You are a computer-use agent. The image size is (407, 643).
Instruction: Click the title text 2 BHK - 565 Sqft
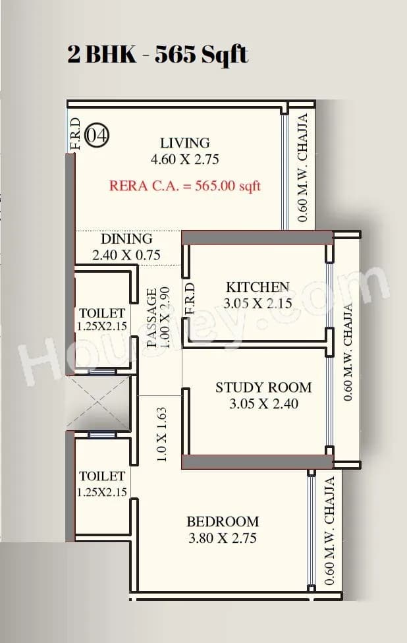coord(157,54)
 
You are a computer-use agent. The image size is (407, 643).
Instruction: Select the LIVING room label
coord(185,143)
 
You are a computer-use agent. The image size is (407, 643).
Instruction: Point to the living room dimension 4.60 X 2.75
coord(185,159)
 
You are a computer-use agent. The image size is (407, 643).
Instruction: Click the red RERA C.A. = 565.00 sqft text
coord(185,186)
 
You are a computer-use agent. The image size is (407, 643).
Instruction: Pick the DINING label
coord(126,239)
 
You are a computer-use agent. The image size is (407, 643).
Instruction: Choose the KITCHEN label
coord(258,287)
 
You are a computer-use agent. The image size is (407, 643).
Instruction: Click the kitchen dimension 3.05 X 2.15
coord(258,304)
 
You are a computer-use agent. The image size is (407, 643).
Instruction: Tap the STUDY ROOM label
coord(263,387)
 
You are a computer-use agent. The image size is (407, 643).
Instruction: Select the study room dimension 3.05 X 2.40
coord(263,404)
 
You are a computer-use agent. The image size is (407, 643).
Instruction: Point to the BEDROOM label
coord(223,522)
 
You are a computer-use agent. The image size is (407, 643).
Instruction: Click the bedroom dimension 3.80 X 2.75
coord(223,538)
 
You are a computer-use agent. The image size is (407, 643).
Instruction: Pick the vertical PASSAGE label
coord(151,318)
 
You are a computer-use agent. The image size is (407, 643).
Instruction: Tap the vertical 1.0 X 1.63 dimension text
coord(162,434)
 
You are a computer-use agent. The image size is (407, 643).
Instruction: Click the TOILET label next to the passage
coord(102,313)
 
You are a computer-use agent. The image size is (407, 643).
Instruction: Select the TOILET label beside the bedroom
coord(102,476)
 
